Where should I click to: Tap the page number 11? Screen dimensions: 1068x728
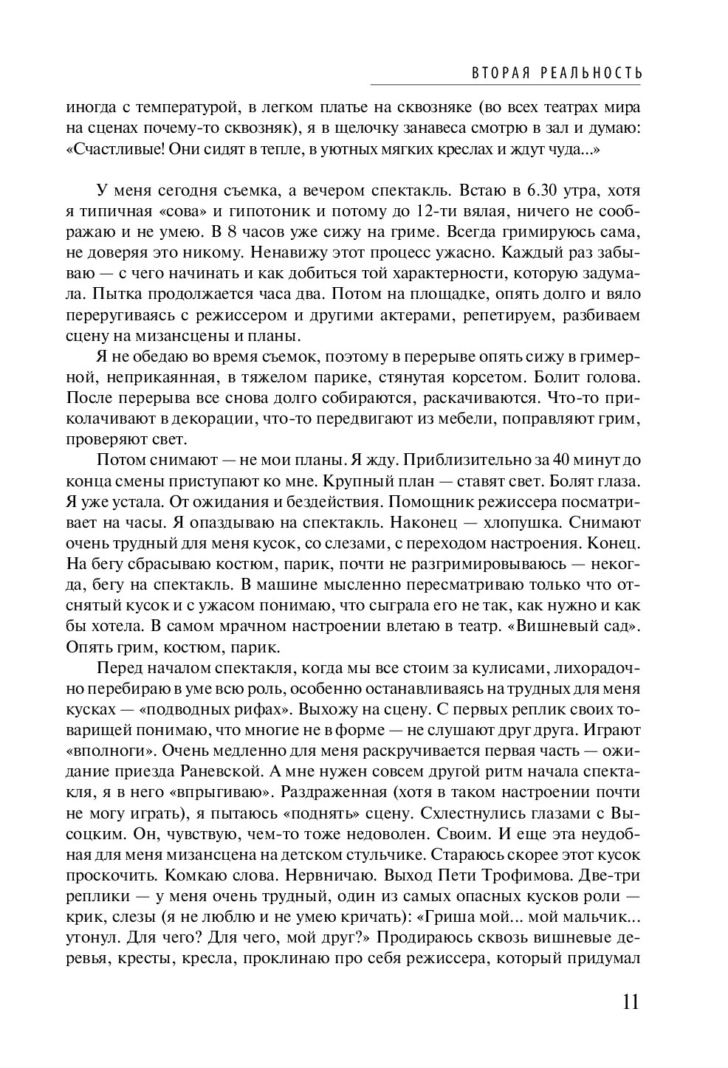pyautogui.click(x=628, y=1002)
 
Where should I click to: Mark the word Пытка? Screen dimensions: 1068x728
pyautogui.click(x=116, y=294)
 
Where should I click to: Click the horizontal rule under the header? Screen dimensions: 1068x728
pyautogui.click(x=505, y=84)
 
